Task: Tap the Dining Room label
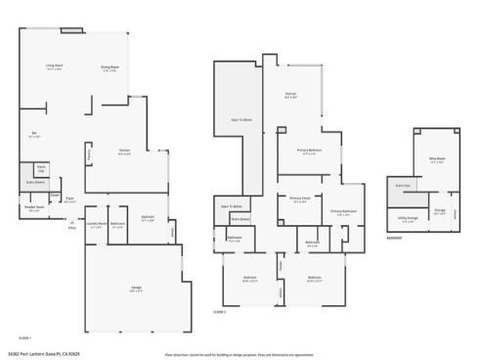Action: tap(109, 68)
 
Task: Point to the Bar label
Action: tap(34, 134)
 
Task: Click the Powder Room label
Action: tap(34, 208)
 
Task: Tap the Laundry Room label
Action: tap(97, 224)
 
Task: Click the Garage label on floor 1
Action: tap(137, 288)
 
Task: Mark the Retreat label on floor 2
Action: tap(290, 96)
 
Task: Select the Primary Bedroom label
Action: tap(310, 150)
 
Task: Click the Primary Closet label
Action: tap(299, 200)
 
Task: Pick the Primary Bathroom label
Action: tap(342, 211)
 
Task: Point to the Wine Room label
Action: tap(436, 159)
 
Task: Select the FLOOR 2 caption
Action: tap(219, 311)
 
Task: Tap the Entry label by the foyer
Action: tap(70, 228)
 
